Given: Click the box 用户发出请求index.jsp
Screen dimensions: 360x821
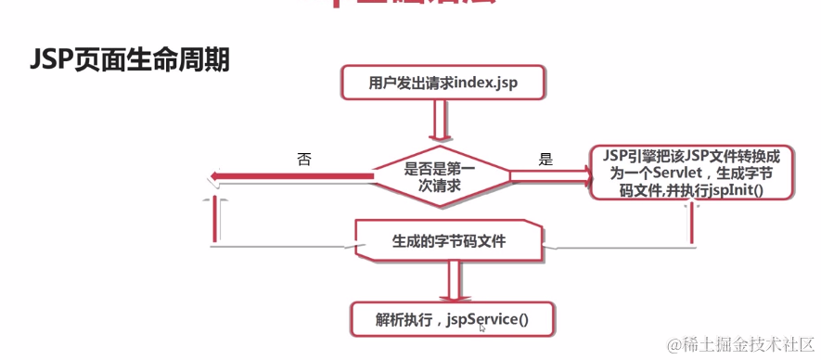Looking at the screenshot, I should tap(442, 84).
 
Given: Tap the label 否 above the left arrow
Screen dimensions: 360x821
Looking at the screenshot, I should tap(303, 159).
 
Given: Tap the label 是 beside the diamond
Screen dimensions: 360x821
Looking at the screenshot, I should tap(545, 159).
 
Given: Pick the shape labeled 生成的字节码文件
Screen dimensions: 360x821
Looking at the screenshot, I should tap(449, 243).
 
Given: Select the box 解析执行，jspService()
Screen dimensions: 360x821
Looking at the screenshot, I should tap(452, 321).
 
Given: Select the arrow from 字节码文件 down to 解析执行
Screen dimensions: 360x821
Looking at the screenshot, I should tap(452, 281).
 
